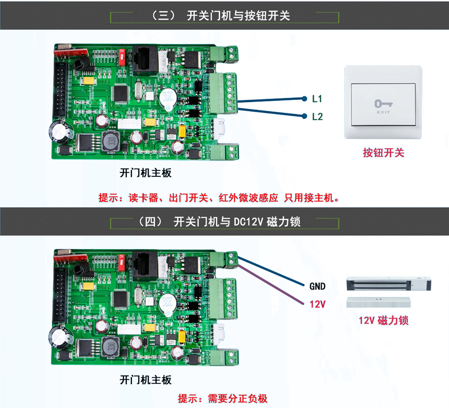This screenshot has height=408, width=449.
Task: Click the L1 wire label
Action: [317, 99]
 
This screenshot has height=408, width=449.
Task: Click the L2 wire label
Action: [317, 117]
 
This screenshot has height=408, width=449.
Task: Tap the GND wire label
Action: [317, 286]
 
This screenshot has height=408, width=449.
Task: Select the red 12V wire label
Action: [318, 303]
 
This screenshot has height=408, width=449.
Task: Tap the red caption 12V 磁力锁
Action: [383, 320]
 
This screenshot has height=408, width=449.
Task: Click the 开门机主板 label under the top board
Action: [145, 173]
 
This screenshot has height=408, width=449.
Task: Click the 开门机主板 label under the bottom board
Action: [145, 379]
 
